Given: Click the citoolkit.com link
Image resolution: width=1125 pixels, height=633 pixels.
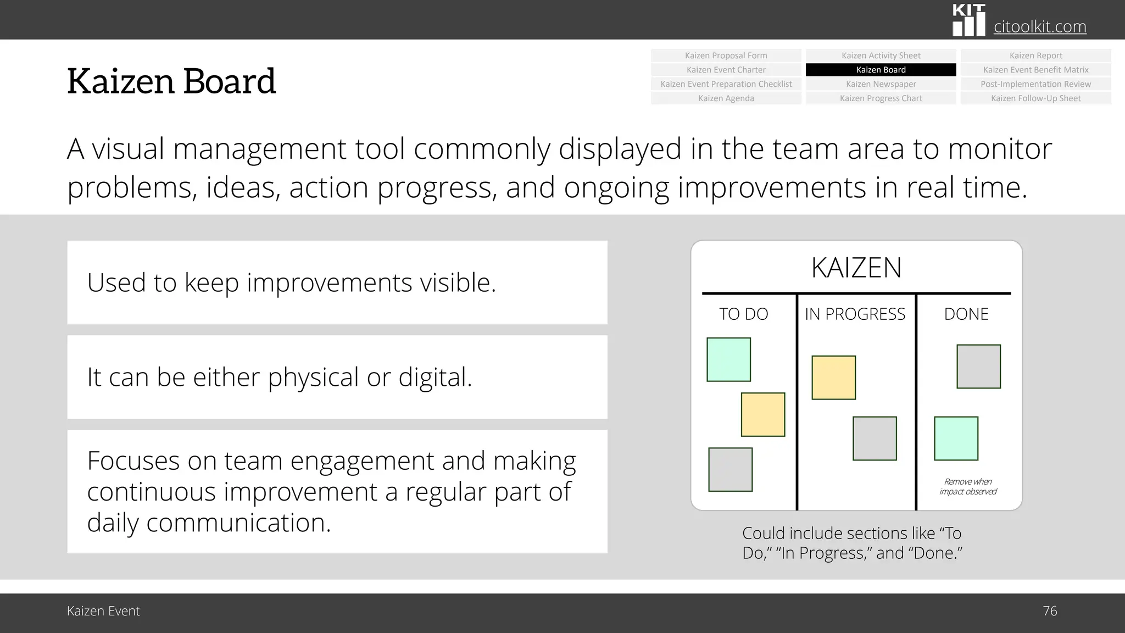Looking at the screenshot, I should (x=1039, y=26).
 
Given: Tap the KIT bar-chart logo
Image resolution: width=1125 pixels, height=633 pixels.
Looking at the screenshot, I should (x=968, y=21).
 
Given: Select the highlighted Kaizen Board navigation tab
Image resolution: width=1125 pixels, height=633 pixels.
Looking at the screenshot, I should (x=881, y=70).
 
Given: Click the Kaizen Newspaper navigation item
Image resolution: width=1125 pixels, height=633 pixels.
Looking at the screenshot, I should (x=881, y=84).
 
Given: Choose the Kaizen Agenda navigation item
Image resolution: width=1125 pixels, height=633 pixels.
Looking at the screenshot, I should (x=726, y=98).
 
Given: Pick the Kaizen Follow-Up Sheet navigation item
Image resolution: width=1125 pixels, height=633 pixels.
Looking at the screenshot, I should (x=1035, y=98).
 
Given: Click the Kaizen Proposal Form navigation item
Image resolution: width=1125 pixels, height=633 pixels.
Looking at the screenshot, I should (x=726, y=55).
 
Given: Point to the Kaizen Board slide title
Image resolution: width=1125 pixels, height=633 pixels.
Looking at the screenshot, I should (x=171, y=81).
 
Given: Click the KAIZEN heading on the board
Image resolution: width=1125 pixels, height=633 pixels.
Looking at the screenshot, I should (x=856, y=268).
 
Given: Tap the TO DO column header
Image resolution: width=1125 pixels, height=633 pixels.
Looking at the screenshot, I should (x=743, y=314).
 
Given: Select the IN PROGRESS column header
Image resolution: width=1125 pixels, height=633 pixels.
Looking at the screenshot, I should (x=855, y=314).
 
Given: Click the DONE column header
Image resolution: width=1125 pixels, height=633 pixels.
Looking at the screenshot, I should (x=966, y=314).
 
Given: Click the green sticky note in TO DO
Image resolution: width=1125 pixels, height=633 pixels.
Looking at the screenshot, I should (x=728, y=359).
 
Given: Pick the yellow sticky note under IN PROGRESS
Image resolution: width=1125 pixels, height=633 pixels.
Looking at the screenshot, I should (x=833, y=377).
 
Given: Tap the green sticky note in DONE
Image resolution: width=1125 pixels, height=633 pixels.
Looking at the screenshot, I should (x=956, y=438).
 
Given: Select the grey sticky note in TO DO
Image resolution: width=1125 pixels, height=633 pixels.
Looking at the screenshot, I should (x=730, y=469).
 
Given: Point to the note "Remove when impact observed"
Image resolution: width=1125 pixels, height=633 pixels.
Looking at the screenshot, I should (x=967, y=486).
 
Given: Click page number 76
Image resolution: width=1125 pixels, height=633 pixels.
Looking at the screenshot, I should (x=1049, y=611).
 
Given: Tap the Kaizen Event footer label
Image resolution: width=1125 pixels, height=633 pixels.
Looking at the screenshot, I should (x=103, y=611).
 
